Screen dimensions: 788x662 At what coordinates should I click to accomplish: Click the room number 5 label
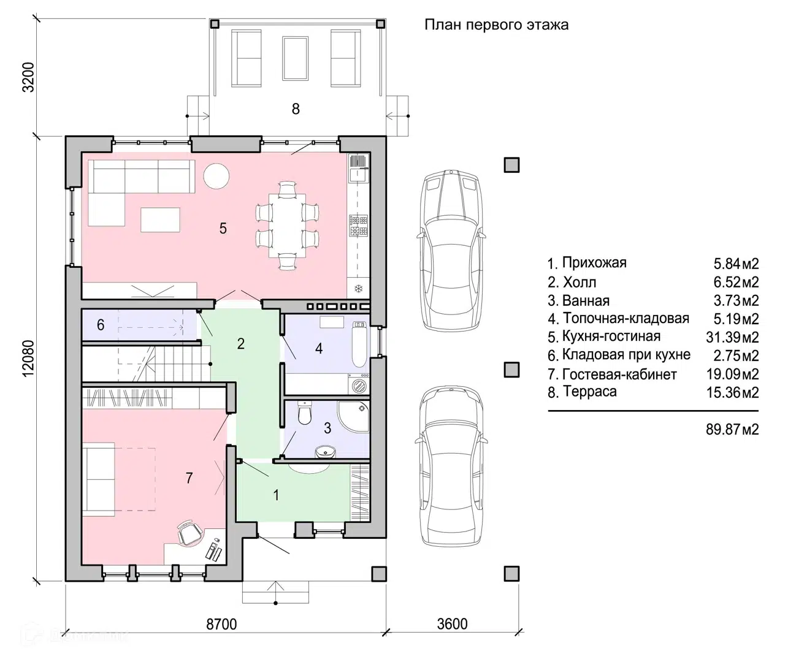pos(223,228)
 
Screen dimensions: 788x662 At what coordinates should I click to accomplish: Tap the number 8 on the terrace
pos(296,109)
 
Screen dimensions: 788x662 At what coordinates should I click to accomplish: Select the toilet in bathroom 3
pos(304,413)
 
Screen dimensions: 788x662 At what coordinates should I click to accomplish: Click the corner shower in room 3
pos(353,416)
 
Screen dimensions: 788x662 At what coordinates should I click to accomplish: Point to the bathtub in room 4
pos(359,344)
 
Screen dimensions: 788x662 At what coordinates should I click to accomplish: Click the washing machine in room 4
pos(359,384)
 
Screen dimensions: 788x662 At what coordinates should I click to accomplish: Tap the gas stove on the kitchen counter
pos(359,226)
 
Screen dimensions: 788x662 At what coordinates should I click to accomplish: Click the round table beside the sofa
pos(216,176)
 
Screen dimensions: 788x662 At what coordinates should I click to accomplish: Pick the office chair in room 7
pos(189,532)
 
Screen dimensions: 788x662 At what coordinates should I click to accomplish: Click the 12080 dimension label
pos(28,359)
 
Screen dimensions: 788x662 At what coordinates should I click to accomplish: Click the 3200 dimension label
pos(28,77)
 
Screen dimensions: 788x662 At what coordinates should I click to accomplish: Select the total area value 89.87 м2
pos(732,429)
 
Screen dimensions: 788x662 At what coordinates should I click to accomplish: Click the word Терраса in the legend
pos(590,392)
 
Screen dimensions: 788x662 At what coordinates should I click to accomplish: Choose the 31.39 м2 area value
pos(732,337)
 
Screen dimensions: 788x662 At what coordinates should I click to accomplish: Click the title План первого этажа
pos(497,25)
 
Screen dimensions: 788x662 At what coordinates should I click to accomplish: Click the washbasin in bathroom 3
pos(325,452)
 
